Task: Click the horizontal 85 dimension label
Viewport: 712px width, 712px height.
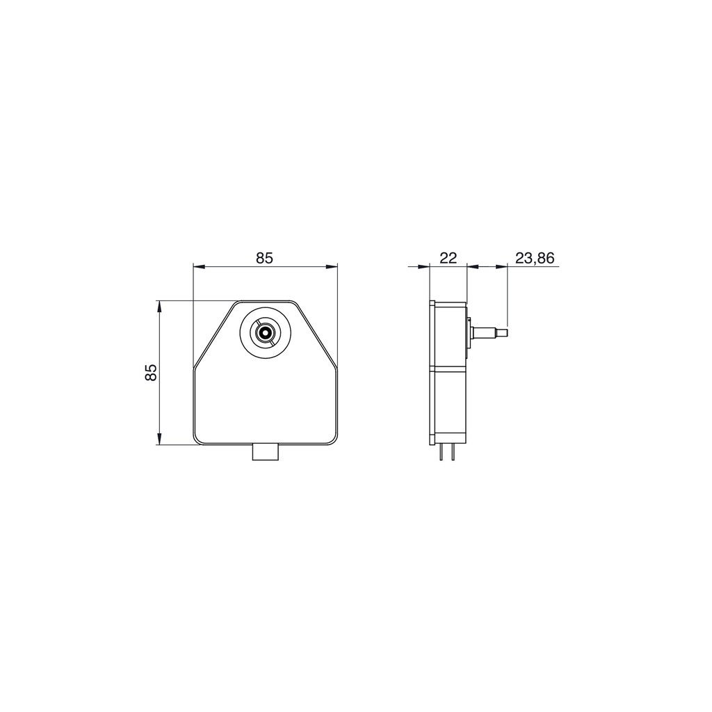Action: (264, 258)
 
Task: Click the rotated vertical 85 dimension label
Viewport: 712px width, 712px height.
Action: (150, 373)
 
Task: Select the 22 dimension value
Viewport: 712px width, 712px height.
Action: (448, 258)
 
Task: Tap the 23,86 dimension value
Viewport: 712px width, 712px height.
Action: (535, 258)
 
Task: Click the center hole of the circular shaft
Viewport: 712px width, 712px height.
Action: (264, 333)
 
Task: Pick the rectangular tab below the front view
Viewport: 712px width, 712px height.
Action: (266, 452)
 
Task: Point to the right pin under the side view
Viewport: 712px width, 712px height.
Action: (453, 452)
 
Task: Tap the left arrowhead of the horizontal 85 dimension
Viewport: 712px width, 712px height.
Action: (199, 267)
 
